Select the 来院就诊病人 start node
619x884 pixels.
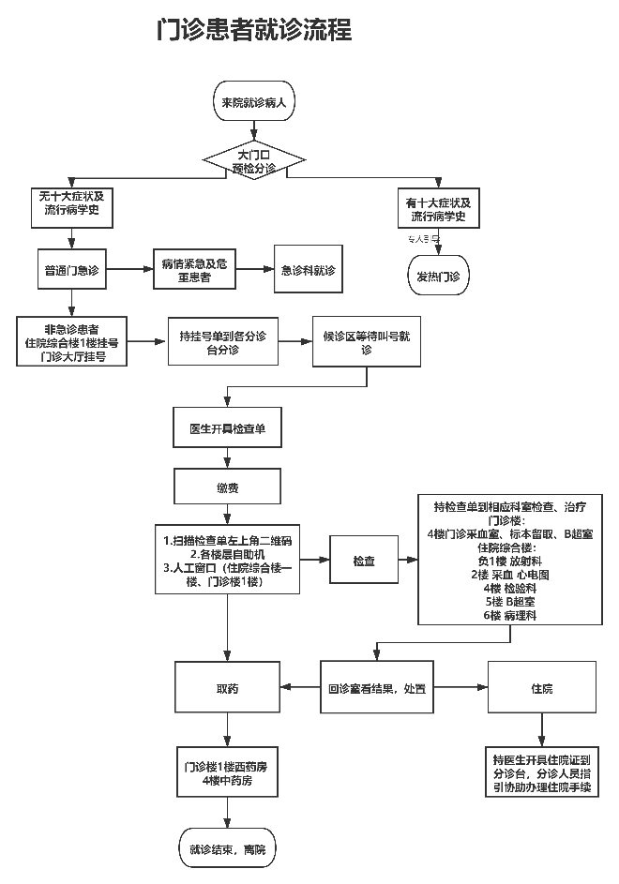[253, 101]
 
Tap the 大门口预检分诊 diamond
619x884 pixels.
[254, 160]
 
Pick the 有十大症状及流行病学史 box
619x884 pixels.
[438, 209]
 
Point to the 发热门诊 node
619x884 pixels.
[438, 277]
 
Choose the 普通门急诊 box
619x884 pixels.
[72, 270]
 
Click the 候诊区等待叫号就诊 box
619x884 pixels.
[367, 342]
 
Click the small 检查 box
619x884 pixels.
[364, 561]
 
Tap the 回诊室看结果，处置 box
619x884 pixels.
[376, 688]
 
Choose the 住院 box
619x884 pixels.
[542, 688]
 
